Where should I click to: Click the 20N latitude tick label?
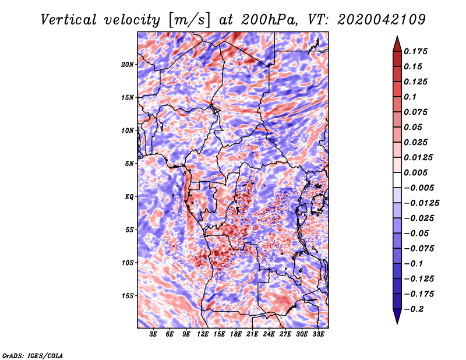pos(128,64)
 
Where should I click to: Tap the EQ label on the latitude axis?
pos(129,197)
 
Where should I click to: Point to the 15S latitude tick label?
pos(128,296)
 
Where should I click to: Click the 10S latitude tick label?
pos(128,263)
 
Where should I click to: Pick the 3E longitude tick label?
pos(154,335)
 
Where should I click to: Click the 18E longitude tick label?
pos(236,335)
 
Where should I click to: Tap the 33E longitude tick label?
pos(318,335)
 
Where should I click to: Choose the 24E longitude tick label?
pos(269,335)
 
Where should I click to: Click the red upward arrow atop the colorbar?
pos(396,43)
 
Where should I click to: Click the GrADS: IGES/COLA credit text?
pos(32,355)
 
